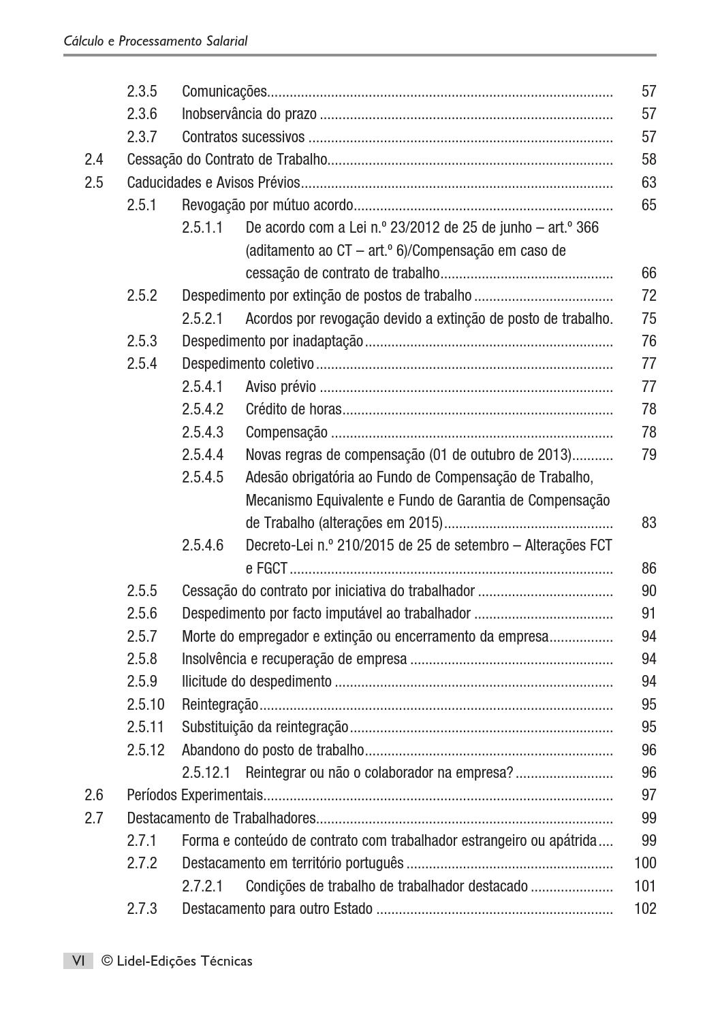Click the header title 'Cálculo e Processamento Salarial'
pyautogui.click(x=155, y=41)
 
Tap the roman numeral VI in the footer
pyautogui.click(x=78, y=961)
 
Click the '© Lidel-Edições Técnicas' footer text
pyautogui.click(x=176, y=961)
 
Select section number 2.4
pyautogui.click(x=94, y=160)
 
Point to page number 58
pyautogui.click(x=648, y=160)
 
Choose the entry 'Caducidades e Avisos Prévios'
pyautogui.click(x=213, y=182)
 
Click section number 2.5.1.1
pyautogui.click(x=202, y=228)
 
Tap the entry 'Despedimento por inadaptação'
pyautogui.click(x=272, y=341)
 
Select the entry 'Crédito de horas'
pyautogui.click(x=294, y=409)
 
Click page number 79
pyautogui.click(x=648, y=455)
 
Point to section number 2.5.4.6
pyautogui.click(x=202, y=546)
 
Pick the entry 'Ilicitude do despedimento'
pyautogui.click(x=257, y=682)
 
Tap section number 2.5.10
pyautogui.click(x=146, y=704)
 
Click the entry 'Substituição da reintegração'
pyautogui.click(x=265, y=727)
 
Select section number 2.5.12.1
pyautogui.click(x=206, y=772)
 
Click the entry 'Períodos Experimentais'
pyautogui.click(x=195, y=795)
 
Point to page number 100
pyautogui.click(x=645, y=863)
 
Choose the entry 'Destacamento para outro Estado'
pyautogui.click(x=277, y=908)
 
